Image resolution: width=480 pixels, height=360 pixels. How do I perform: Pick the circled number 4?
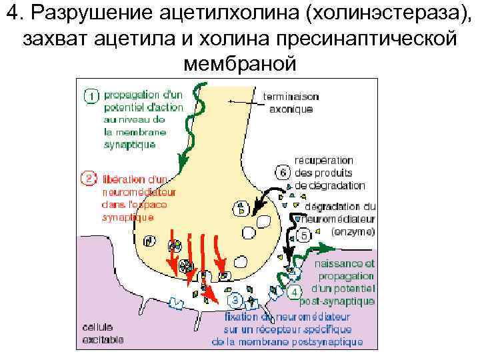293,292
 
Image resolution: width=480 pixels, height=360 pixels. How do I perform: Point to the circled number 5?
302,235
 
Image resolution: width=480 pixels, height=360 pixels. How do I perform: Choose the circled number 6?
283,172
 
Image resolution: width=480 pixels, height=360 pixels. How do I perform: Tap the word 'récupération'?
325,160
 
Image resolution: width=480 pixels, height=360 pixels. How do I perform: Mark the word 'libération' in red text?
125,179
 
